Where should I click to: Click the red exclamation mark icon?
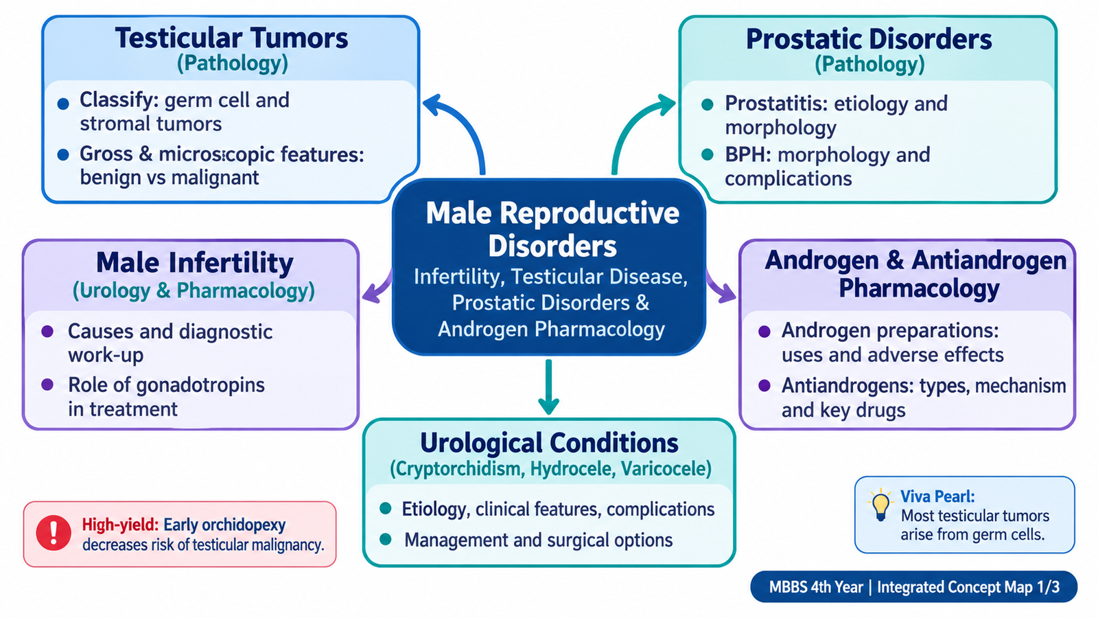point(54,533)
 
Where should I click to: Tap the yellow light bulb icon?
point(880,505)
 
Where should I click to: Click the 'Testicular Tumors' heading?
point(231,38)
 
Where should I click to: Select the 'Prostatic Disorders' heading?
point(869,39)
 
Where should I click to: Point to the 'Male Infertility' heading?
point(195,262)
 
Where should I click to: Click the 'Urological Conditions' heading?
point(549,443)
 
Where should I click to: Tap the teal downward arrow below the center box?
point(548,387)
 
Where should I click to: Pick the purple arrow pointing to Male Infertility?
point(377,288)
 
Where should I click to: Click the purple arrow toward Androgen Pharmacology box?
point(721,288)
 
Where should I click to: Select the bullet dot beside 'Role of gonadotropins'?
point(47,385)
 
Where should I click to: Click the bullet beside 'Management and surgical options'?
point(386,540)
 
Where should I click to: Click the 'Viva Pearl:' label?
point(937,496)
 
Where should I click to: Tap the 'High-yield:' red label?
point(120,525)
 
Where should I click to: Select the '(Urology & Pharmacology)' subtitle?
point(194,290)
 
